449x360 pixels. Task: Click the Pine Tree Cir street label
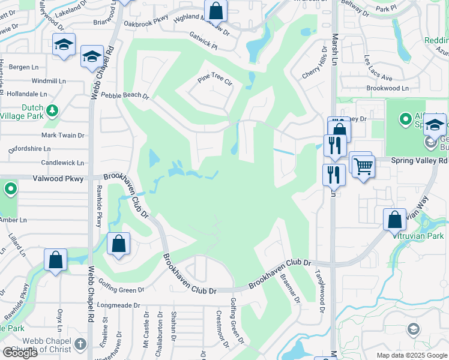pyautogui.click(x=214, y=81)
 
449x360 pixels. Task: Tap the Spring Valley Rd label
pyautogui.click(x=420, y=161)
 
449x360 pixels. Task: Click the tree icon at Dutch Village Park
pyautogui.click(x=53, y=110)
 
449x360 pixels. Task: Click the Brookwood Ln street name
pyautogui.click(x=387, y=88)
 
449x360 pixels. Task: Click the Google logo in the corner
pyautogui.click(x=20, y=353)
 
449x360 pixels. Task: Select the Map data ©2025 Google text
pyautogui.click(x=411, y=355)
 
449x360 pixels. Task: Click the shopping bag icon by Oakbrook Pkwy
pyautogui.click(x=215, y=11)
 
